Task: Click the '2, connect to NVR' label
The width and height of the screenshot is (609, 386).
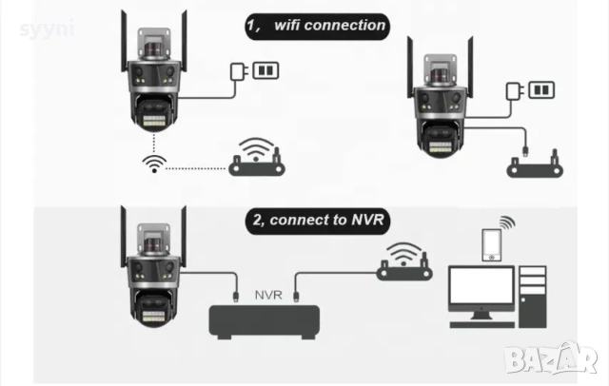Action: pyautogui.click(x=317, y=220)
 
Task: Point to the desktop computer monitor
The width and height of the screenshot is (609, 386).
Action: pyautogui.click(x=481, y=290)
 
